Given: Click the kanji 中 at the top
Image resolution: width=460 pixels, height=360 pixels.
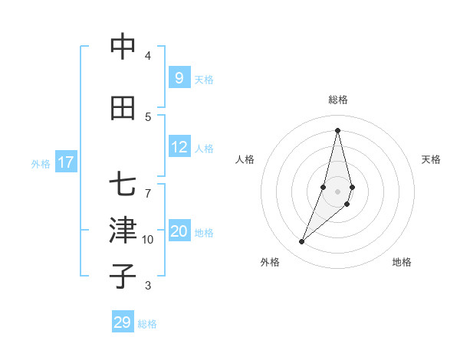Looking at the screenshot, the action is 123,47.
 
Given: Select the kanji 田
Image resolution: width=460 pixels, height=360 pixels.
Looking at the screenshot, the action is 123,108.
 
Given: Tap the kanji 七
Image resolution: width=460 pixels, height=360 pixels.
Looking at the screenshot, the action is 123,186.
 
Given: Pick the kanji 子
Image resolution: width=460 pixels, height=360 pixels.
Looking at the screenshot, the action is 123,276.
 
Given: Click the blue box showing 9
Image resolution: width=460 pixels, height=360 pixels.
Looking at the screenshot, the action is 179,77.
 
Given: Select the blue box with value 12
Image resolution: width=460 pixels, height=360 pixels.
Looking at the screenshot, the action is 179,147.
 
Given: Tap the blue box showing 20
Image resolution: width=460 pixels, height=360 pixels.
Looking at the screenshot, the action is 179,232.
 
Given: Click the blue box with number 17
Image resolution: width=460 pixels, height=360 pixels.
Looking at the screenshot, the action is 66,162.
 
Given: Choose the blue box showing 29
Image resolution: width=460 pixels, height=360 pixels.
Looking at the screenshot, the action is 123,322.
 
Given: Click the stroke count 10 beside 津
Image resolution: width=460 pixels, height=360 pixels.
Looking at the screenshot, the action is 148,240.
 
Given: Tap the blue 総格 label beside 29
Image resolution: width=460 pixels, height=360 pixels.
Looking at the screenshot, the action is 147,324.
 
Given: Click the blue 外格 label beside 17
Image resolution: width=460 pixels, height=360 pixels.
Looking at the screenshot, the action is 41,163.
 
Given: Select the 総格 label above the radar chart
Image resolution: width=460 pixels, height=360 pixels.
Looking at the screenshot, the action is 337,100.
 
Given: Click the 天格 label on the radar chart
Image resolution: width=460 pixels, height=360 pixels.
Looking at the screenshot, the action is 431,159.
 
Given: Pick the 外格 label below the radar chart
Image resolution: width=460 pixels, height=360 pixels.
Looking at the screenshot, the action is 270,262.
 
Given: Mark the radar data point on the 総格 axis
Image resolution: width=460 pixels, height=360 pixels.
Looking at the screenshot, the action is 337,130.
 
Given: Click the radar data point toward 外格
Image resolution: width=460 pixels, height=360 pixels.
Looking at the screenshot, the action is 301,242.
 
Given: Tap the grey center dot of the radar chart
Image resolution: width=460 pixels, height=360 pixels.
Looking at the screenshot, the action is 337,191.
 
